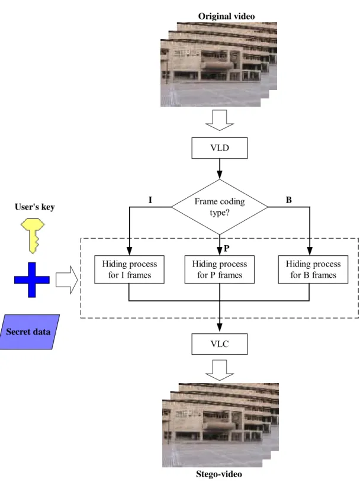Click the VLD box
coord(220,148)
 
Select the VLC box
coord(220,344)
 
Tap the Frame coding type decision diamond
coord(220,207)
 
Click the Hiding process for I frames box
coord(129,269)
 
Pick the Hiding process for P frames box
coord(220,269)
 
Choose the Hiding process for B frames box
coord(313,269)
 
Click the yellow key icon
coord(33,236)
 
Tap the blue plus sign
coord(32,279)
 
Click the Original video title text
coord(226,17)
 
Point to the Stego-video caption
coord(219,474)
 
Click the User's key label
coord(35,207)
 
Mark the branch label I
coord(150,200)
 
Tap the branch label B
coord(289,200)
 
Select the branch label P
coord(227,248)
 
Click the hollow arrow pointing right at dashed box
coord(67,279)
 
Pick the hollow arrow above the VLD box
coord(220,121)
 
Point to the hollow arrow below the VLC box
coord(220,371)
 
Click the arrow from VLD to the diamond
coord(220,169)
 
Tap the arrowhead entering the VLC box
coord(220,328)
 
